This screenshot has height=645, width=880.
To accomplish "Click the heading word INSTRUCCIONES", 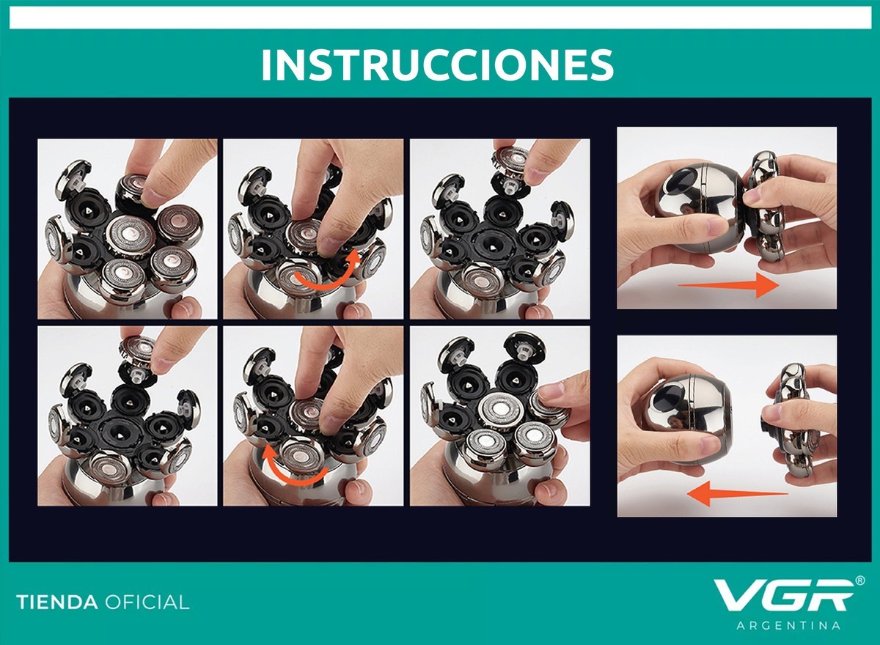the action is (x=437, y=64).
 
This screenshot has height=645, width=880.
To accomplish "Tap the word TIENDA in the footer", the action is (x=57, y=602).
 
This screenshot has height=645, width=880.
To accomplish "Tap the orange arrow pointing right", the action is (x=728, y=285).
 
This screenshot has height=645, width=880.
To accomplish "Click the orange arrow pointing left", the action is (x=737, y=493).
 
